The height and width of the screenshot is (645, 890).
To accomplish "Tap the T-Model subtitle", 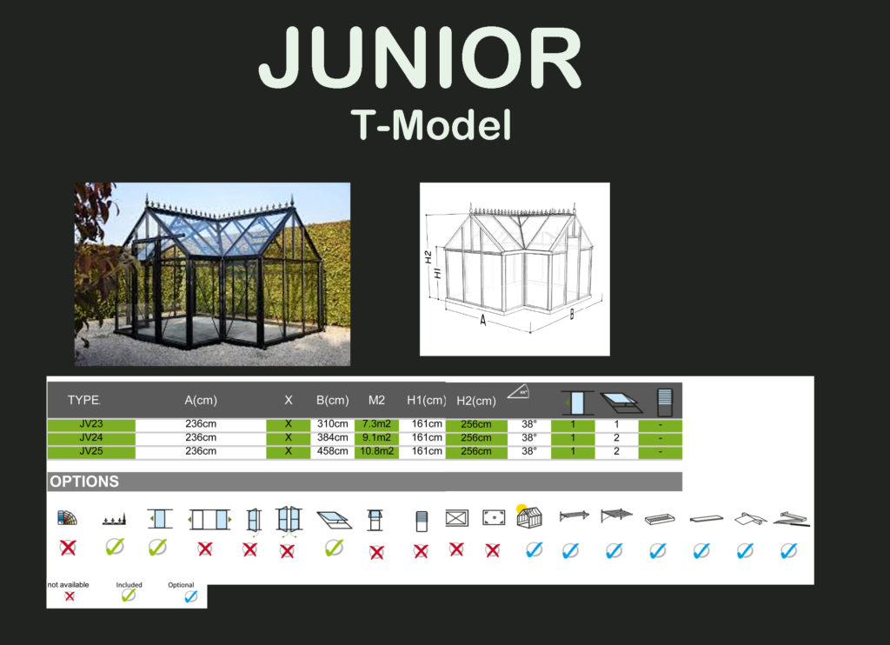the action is point(431,125).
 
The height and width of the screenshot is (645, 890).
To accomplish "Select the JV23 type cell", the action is point(90,424).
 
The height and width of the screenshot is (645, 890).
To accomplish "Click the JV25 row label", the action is point(90,451).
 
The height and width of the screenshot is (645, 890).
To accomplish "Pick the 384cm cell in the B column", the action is point(333,438).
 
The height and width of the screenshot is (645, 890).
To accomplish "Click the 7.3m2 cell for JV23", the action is point(376,424).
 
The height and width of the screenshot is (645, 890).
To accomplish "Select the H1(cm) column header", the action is point(426,400).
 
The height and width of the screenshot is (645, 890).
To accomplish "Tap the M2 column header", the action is point(376,400).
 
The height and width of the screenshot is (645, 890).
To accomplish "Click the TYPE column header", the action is point(84,400).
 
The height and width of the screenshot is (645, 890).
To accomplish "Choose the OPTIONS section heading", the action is point(84,482).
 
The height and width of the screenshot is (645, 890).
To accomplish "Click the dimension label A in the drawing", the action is point(482,320).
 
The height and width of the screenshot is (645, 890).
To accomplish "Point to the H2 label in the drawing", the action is point(428,256).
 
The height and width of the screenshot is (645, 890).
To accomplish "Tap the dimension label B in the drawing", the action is point(572,314).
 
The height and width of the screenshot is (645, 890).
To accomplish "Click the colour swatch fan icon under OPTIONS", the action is point(67,517).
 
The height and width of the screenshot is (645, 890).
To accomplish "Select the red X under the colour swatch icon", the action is point(68,548).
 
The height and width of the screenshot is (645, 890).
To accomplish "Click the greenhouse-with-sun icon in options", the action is point(529,516).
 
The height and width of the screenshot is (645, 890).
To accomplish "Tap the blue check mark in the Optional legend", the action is point(191,596).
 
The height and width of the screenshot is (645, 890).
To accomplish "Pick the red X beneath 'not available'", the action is point(70,596).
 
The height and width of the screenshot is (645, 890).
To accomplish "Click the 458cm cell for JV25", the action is point(333,451).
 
